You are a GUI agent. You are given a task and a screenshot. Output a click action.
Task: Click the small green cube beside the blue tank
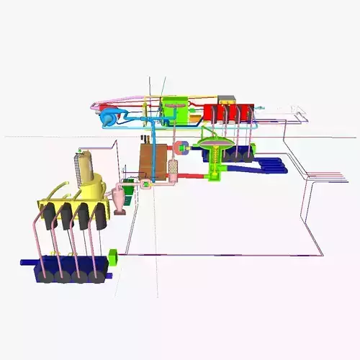(112, 256)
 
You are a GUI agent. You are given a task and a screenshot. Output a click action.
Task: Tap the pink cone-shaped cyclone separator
(120, 198)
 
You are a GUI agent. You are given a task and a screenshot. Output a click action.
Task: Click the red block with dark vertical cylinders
(228, 112)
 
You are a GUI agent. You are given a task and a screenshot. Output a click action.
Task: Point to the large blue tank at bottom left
(68, 268)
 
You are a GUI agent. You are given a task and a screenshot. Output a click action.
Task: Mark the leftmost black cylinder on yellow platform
(50, 216)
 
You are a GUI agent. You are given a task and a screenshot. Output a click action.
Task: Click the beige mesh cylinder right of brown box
(173, 170)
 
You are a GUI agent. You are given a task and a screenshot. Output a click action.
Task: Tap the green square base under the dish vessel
(215, 173)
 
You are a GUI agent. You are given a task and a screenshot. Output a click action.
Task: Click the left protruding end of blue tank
(26, 263)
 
